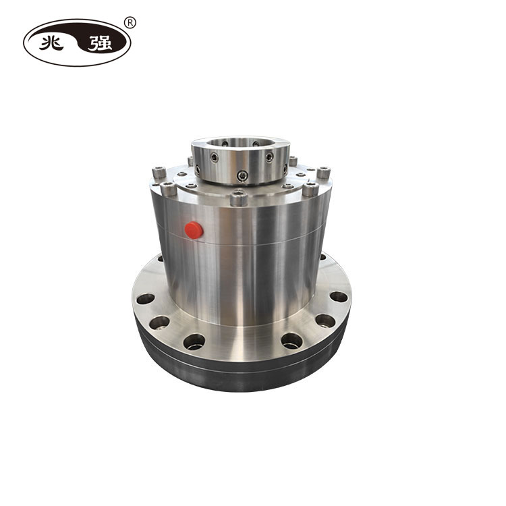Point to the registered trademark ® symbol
[131, 22]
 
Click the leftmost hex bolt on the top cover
[159, 173]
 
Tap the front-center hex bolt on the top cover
[237, 199]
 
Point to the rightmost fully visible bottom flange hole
[338, 297]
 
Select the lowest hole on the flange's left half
[194, 341]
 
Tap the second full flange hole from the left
[160, 322]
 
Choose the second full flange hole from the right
[325, 320]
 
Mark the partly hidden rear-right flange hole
[322, 256]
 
